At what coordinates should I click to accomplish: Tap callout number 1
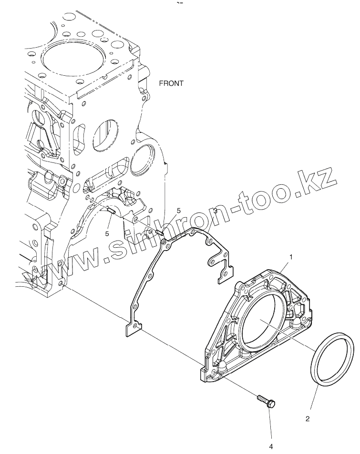click(291, 257)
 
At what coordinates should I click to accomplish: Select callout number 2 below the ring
click(308, 419)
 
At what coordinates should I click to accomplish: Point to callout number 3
click(216, 210)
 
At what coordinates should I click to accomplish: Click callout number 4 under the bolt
click(271, 446)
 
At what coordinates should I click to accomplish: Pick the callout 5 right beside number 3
click(179, 210)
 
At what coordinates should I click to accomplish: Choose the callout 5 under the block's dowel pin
click(107, 233)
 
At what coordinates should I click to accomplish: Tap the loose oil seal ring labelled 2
click(332, 356)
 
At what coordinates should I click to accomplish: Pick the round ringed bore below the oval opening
click(143, 161)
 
